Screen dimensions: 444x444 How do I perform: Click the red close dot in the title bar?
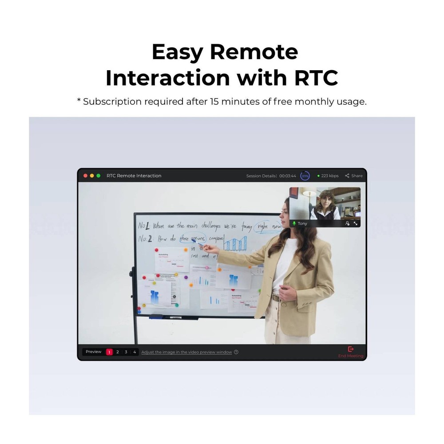pos(86,176)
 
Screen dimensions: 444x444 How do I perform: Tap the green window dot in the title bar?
pos(99,176)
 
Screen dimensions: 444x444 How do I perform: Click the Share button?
pos(354,176)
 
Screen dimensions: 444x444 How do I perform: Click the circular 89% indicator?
pos(305,176)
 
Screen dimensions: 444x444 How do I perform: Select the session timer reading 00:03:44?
pos(288,176)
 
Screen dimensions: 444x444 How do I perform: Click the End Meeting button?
pos(351,352)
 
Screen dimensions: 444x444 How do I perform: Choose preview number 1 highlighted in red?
pos(109,352)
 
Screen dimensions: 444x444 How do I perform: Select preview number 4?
pos(135,352)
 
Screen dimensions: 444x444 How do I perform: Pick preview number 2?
pos(118,352)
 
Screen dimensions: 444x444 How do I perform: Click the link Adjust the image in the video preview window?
pos(186,352)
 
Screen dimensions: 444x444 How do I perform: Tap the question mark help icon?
pos(236,352)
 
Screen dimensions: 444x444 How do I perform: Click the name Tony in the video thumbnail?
pos(302,224)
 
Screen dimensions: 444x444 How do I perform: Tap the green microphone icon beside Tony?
pos(294,224)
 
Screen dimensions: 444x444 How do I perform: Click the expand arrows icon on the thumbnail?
pos(356,224)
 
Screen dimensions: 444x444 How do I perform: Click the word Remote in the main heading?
pos(254,52)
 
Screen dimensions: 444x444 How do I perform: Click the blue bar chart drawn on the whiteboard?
pos(235,243)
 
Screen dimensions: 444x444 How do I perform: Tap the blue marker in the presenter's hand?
pos(200,245)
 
